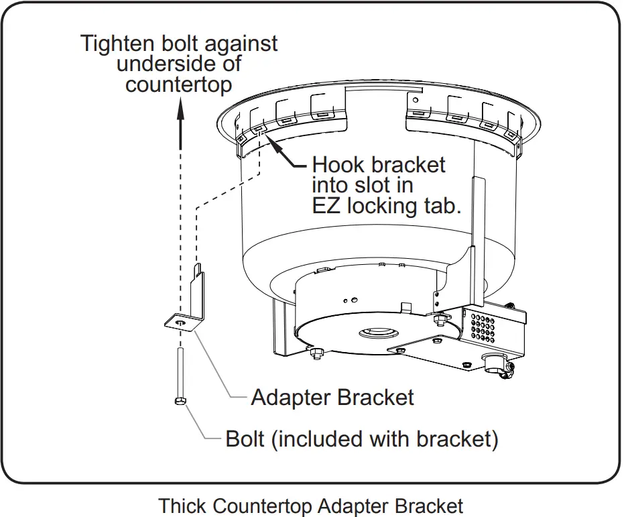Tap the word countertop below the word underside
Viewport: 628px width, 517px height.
click(x=179, y=85)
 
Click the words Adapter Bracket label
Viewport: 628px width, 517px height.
click(x=332, y=398)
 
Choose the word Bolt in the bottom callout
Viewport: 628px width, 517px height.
click(x=245, y=439)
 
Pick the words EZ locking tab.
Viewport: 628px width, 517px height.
click(x=387, y=205)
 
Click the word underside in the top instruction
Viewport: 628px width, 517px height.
click(x=179, y=64)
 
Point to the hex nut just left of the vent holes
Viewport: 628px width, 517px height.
click(x=441, y=317)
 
